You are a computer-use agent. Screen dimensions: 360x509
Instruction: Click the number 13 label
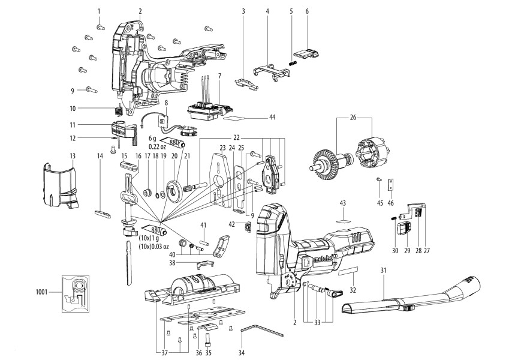[x=72, y=155]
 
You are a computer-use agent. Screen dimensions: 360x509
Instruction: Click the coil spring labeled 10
[x=118, y=110]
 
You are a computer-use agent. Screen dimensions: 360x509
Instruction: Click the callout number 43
[x=343, y=203]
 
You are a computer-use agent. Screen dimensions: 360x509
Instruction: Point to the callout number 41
[x=203, y=225]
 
